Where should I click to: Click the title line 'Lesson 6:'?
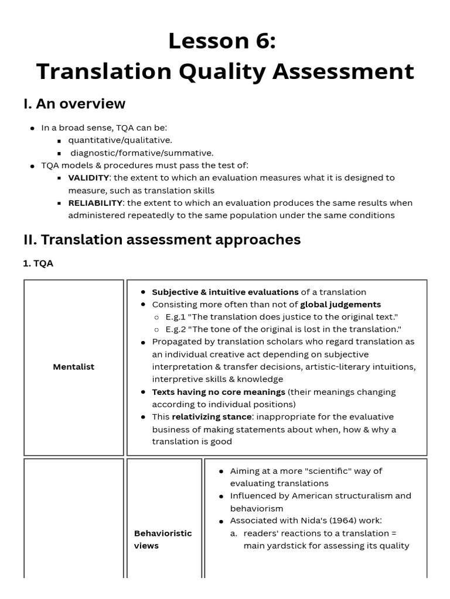[221, 42]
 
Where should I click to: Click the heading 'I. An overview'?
[74, 104]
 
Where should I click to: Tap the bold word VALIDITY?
[88, 178]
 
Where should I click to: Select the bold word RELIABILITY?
[96, 203]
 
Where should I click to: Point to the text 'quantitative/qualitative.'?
[120, 140]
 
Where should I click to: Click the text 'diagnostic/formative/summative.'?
[142, 153]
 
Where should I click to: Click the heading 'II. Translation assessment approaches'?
[162, 240]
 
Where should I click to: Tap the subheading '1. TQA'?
[38, 264]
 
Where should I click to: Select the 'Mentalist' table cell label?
[73, 367]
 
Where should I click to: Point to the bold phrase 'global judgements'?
[340, 305]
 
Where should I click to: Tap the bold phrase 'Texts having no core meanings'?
[219, 392]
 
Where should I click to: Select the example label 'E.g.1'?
[176, 317]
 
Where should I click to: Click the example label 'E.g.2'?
[177, 329]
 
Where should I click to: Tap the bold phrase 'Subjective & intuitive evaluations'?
[225, 292]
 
